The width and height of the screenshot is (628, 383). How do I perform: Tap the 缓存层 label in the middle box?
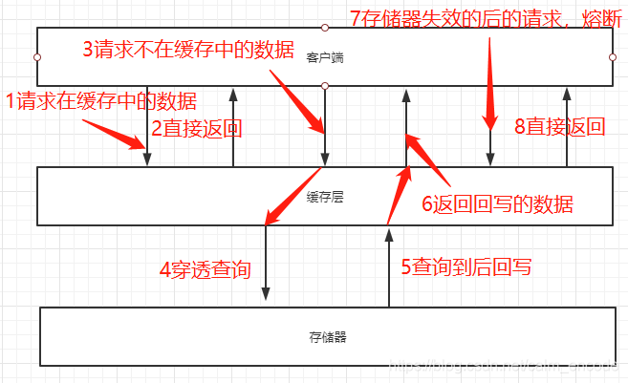(325, 198)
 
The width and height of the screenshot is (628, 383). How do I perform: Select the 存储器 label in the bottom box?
(328, 337)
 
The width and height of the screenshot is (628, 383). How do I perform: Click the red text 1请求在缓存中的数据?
(101, 100)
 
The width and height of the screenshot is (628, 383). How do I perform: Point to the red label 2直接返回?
(195, 128)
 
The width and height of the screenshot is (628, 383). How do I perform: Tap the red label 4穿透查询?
(205, 268)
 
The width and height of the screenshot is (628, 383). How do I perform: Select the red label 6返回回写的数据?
(498, 202)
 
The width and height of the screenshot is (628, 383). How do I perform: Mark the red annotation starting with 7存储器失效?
(486, 18)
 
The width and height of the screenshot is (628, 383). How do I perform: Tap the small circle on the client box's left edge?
(37, 57)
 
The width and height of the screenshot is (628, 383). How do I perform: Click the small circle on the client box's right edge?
(612, 57)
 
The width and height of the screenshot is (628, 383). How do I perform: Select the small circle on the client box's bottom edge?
(325, 86)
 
